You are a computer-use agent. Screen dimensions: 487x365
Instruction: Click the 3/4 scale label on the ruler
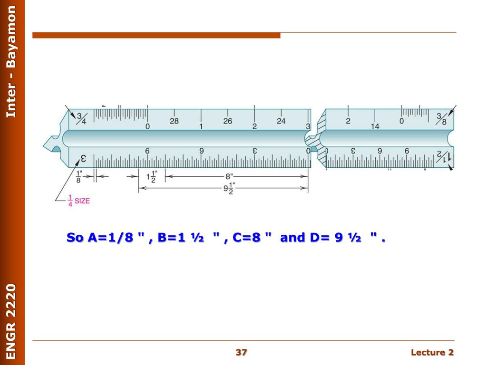(x=81, y=118)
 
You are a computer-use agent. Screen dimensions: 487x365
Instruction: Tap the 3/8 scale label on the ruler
(x=441, y=119)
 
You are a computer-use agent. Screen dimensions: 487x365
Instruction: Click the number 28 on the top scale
(x=174, y=121)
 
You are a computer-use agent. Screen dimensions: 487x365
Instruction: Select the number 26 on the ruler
(x=228, y=121)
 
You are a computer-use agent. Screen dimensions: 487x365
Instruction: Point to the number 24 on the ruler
(x=281, y=121)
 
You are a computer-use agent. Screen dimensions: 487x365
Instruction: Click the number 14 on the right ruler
(x=375, y=126)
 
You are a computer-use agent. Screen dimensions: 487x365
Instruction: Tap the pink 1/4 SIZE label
(x=79, y=201)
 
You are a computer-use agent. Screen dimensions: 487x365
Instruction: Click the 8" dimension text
(x=229, y=176)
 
